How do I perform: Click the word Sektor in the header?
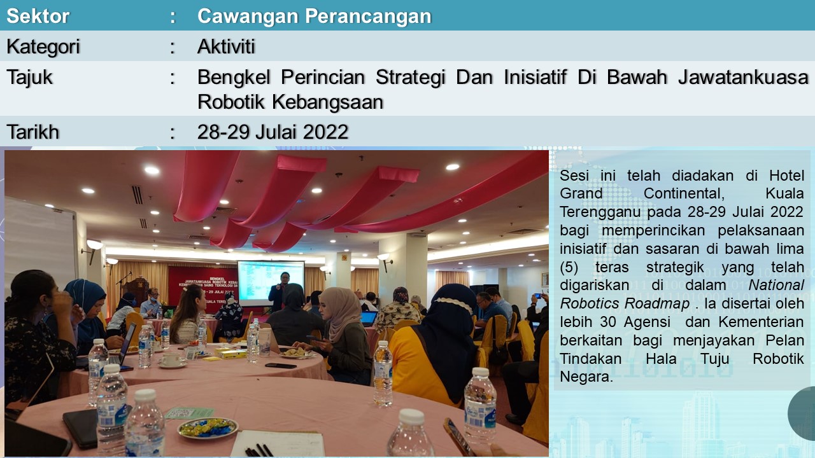pyautogui.click(x=38, y=16)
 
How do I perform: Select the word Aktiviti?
pyautogui.click(x=226, y=46)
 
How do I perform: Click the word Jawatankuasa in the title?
pyautogui.click(x=742, y=78)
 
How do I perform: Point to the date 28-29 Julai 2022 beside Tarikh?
pyautogui.click(x=273, y=132)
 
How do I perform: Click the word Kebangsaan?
pyautogui.click(x=328, y=102)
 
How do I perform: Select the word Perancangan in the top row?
pyautogui.click(x=368, y=17)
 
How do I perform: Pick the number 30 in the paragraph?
pyautogui.click(x=608, y=322)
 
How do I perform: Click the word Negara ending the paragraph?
pyautogui.click(x=586, y=377)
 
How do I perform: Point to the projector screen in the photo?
pyautogui.click(x=271, y=283)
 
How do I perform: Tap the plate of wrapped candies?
pyautogui.click(x=207, y=427)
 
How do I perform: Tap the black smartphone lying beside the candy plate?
pyautogui.click(x=81, y=428)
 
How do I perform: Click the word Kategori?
pyautogui.click(x=43, y=47)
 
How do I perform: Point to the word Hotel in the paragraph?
pyautogui.click(x=786, y=176)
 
